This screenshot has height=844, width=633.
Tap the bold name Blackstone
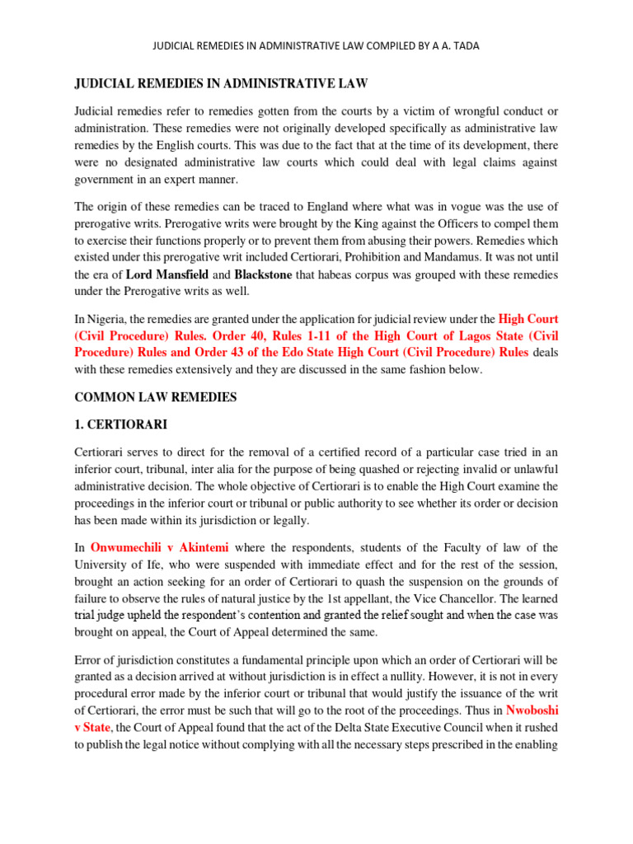(x=263, y=274)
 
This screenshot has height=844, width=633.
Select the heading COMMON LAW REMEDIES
(x=156, y=397)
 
